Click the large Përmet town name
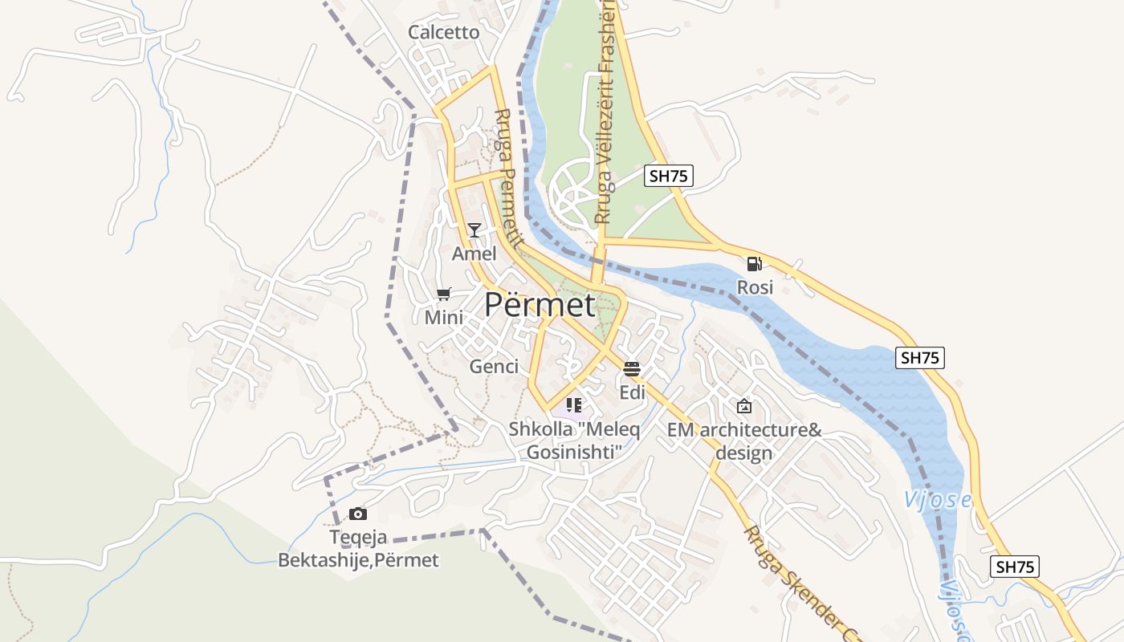click(x=540, y=306)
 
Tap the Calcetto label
click(x=443, y=33)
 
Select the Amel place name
click(x=474, y=254)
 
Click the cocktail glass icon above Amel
click(x=474, y=230)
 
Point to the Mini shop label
click(x=444, y=318)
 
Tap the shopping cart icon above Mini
click(x=443, y=295)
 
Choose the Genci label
click(x=494, y=367)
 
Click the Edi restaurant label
click(x=632, y=392)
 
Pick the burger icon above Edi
click(x=632, y=369)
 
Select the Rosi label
click(x=755, y=287)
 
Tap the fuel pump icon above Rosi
click(x=755, y=263)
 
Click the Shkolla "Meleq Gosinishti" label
click(x=574, y=441)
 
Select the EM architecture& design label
click(x=744, y=441)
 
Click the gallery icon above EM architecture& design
click(x=744, y=406)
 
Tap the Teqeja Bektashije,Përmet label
click(x=358, y=548)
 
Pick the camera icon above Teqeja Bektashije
click(x=358, y=514)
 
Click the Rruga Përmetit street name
click(x=509, y=177)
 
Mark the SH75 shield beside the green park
click(x=668, y=176)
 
